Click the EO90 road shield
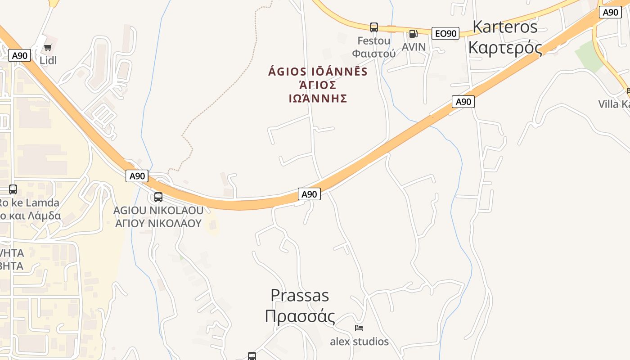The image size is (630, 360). point(445,33)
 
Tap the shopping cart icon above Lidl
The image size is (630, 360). point(48,47)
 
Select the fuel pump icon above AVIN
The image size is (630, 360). point(413,33)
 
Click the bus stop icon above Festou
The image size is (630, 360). point(373,27)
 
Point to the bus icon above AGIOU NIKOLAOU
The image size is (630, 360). point(158,197)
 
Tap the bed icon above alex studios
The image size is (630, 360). point(359,328)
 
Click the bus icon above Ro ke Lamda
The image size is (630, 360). point(13,189)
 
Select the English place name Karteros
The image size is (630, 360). point(505,27)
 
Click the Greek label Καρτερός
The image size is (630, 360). point(505,47)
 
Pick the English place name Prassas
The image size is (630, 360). point(300,295)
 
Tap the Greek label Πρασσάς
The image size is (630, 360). point(300,316)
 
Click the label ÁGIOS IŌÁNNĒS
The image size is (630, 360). point(318,72)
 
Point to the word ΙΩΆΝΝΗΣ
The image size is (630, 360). point(318,99)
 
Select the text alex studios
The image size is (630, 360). point(359,342)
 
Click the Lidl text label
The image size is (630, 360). point(48,60)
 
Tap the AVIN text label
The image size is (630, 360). point(414,47)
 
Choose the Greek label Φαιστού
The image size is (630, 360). point(373,54)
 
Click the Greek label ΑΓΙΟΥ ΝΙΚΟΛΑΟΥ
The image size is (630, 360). point(158,223)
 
